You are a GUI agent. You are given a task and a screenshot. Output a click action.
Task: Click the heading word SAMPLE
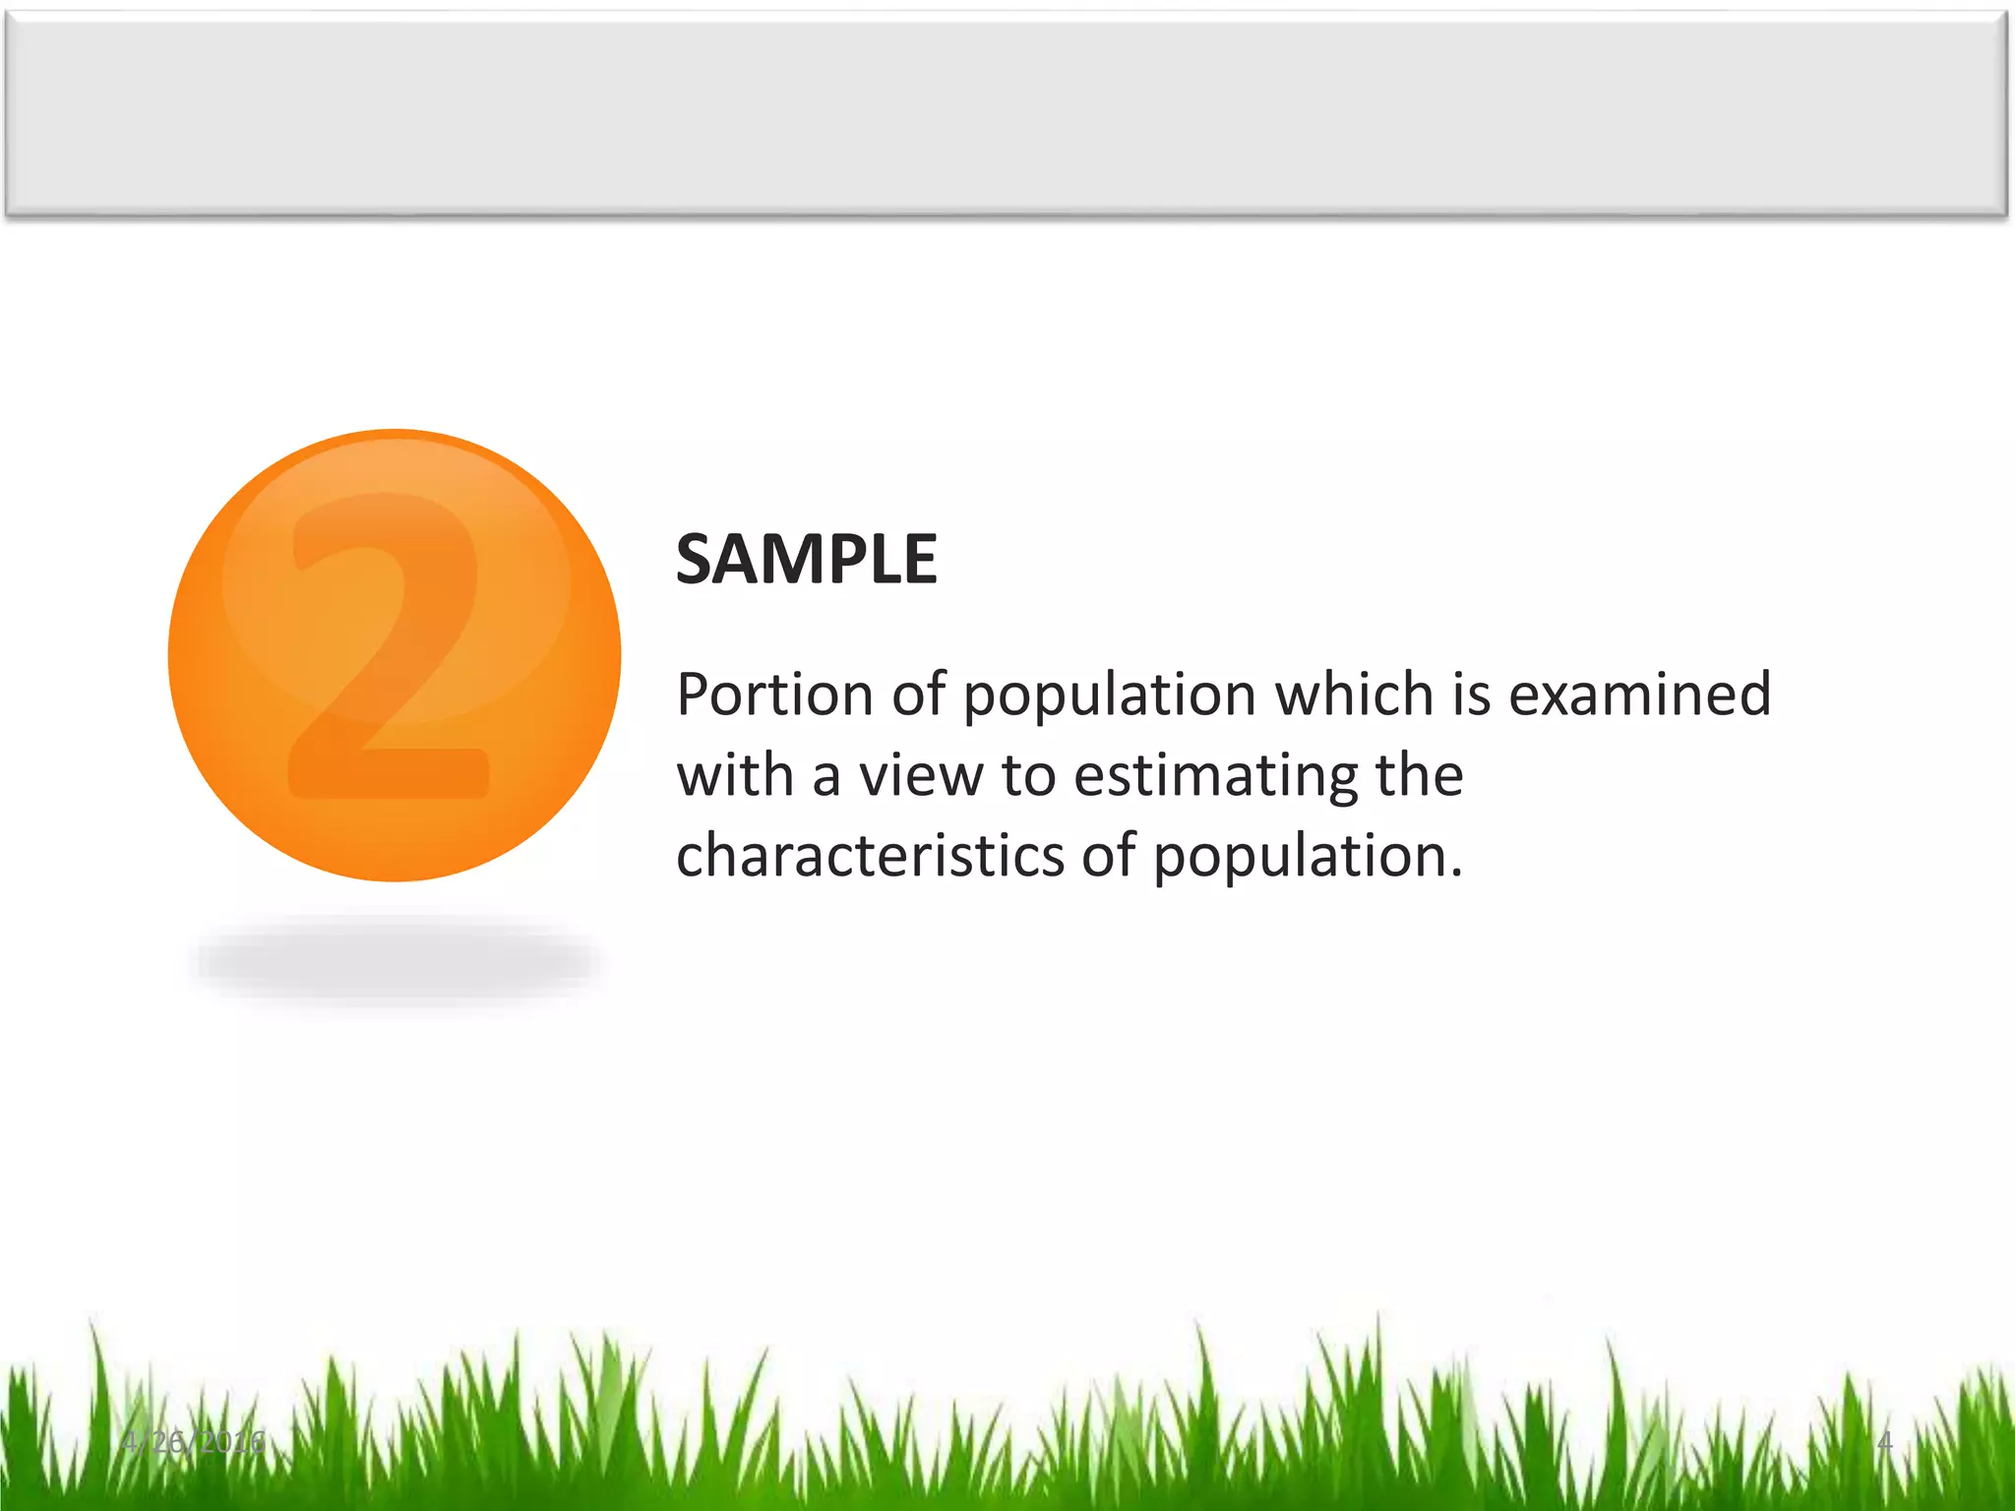pyautogui.click(x=806, y=560)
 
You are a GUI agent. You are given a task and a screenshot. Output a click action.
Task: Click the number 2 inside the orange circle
pyautogui.click(x=389, y=649)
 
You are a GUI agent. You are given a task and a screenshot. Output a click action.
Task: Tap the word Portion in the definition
pyautogui.click(x=774, y=695)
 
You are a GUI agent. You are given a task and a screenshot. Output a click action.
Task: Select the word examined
pyautogui.click(x=1639, y=695)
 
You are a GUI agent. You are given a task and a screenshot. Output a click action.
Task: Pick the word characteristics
pyautogui.click(x=870, y=855)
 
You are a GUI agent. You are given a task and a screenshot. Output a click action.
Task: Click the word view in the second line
pyautogui.click(x=921, y=775)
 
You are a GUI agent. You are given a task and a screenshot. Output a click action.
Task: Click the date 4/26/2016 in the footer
pyautogui.click(x=194, y=1442)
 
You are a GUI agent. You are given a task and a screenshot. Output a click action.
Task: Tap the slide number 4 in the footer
pyautogui.click(x=1884, y=1442)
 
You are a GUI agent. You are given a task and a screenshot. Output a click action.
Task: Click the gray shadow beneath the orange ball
pyautogui.click(x=397, y=961)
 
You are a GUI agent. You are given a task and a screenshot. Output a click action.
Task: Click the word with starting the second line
pyautogui.click(x=734, y=775)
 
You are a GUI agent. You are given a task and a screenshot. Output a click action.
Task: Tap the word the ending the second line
pyautogui.click(x=1419, y=775)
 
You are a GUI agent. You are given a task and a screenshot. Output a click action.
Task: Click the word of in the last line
pyautogui.click(x=1109, y=855)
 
